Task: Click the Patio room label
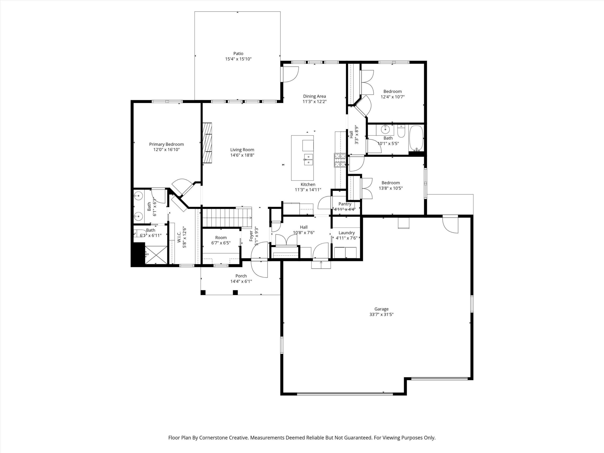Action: [238, 54]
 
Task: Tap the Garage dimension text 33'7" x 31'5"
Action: [381, 314]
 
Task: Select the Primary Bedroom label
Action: [166, 144]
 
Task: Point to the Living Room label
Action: [242, 150]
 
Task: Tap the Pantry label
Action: [345, 204]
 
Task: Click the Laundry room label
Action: [347, 233]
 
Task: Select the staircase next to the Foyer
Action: [227, 218]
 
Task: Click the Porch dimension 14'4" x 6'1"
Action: [241, 281]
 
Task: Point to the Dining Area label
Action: [315, 96]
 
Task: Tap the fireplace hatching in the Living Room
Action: [207, 143]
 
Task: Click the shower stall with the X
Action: [155, 255]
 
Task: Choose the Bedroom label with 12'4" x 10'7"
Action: [392, 92]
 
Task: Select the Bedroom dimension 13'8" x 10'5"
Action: [391, 188]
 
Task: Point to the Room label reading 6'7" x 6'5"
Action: [221, 238]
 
